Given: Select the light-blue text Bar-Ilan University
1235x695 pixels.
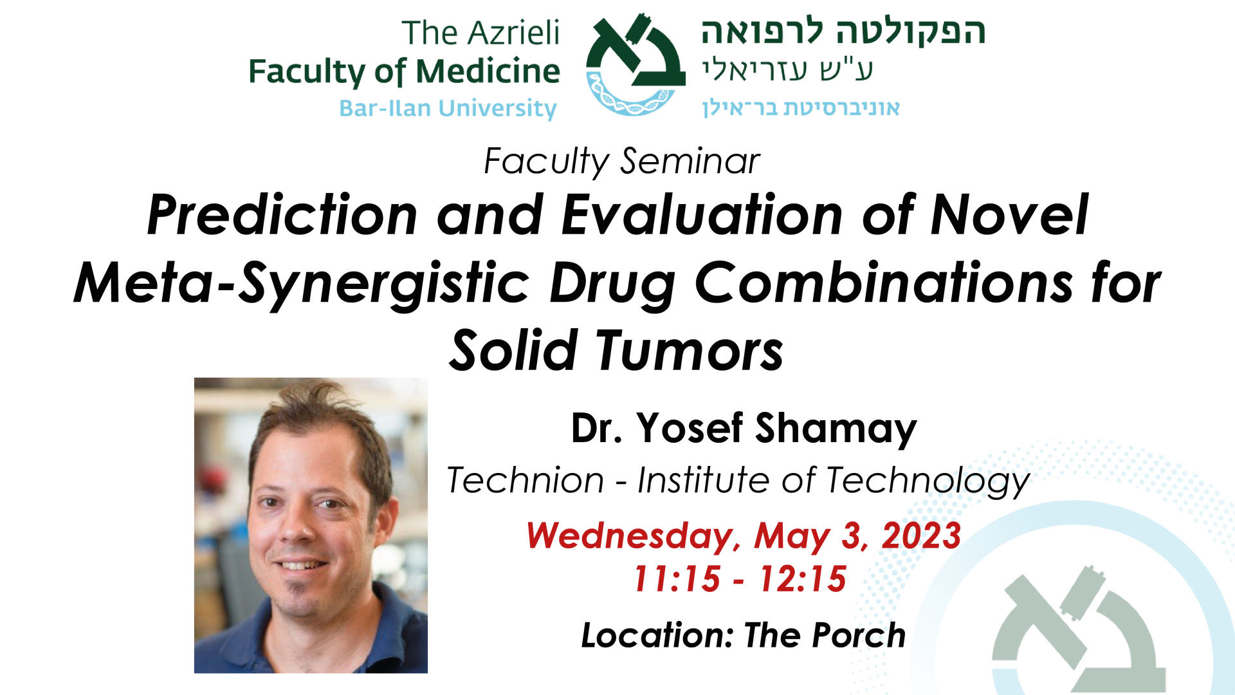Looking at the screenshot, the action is pos(448,108).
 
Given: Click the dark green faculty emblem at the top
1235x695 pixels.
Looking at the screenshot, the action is pos(635,64).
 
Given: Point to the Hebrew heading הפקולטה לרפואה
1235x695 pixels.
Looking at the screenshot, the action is pos(843,32).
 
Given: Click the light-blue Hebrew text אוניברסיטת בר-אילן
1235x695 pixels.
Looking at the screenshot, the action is pos(801,107).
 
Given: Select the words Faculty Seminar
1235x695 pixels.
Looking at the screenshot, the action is pos(621,161).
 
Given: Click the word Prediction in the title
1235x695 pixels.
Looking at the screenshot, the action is pos(282,215).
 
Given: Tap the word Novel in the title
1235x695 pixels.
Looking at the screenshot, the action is pos(1009,215).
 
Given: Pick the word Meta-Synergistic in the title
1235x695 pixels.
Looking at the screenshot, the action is pos(302,284).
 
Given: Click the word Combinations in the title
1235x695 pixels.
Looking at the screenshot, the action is pos(884,283).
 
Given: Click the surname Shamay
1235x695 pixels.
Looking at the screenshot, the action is pos(836,429).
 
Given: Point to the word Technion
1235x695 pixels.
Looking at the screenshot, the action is pos(526,480).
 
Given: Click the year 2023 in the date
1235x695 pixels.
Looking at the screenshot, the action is pos(921,535).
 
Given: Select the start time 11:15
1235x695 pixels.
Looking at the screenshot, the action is pos(677,579).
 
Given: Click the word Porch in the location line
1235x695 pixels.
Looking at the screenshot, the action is pos(859,635).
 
